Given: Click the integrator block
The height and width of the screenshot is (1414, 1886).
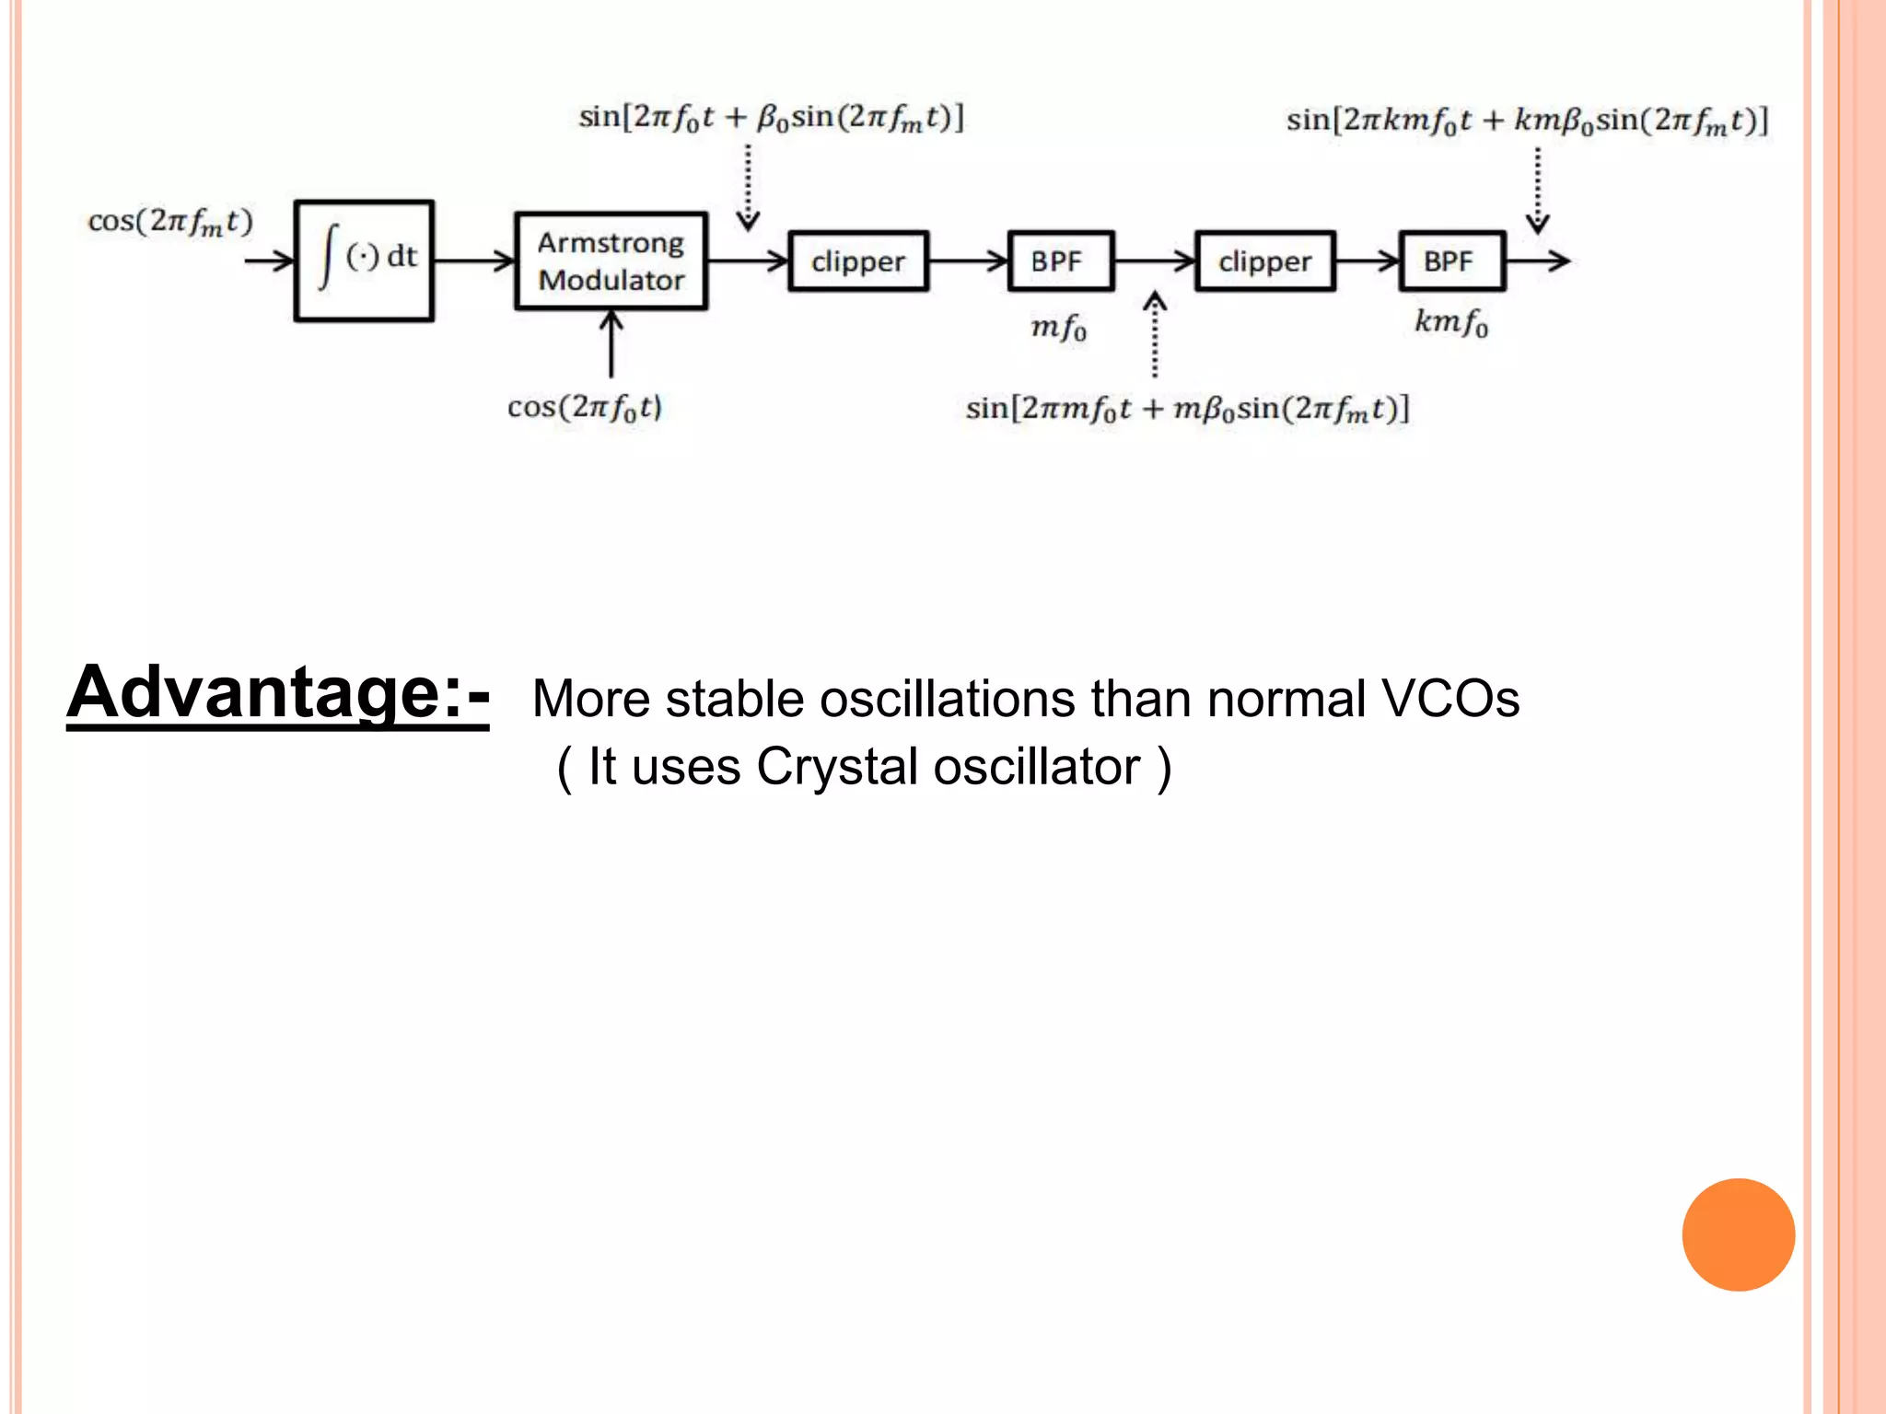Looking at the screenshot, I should tap(364, 261).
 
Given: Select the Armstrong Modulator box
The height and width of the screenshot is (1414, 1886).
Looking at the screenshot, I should tap(611, 261).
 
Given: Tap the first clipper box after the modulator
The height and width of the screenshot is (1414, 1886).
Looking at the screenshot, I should tap(858, 261).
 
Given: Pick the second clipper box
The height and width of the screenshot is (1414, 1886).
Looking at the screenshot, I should tap(1264, 261).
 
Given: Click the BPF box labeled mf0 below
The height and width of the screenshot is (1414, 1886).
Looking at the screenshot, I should tap(1060, 261).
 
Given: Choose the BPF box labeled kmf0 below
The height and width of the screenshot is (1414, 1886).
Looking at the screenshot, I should tap(1451, 261).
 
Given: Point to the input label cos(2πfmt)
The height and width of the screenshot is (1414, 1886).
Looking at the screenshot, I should tap(169, 222).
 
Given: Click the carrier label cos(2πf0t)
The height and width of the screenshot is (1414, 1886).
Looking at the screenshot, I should tap(584, 407).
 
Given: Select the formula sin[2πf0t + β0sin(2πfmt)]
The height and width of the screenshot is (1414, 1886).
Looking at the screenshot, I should tap(771, 118).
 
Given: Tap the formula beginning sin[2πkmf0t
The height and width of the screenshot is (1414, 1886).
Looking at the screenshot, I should tap(1526, 121).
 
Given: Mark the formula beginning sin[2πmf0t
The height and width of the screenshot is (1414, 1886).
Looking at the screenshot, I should tap(1186, 408).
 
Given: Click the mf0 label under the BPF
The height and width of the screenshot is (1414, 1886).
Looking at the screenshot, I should tap(1058, 327).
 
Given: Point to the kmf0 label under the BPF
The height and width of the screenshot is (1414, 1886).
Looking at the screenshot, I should tap(1450, 322).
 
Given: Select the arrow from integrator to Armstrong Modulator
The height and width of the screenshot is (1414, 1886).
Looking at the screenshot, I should tap(474, 261).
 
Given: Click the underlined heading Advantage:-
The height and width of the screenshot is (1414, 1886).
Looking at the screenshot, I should tap(278, 692).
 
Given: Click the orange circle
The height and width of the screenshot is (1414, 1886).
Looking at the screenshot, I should tap(1738, 1234).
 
